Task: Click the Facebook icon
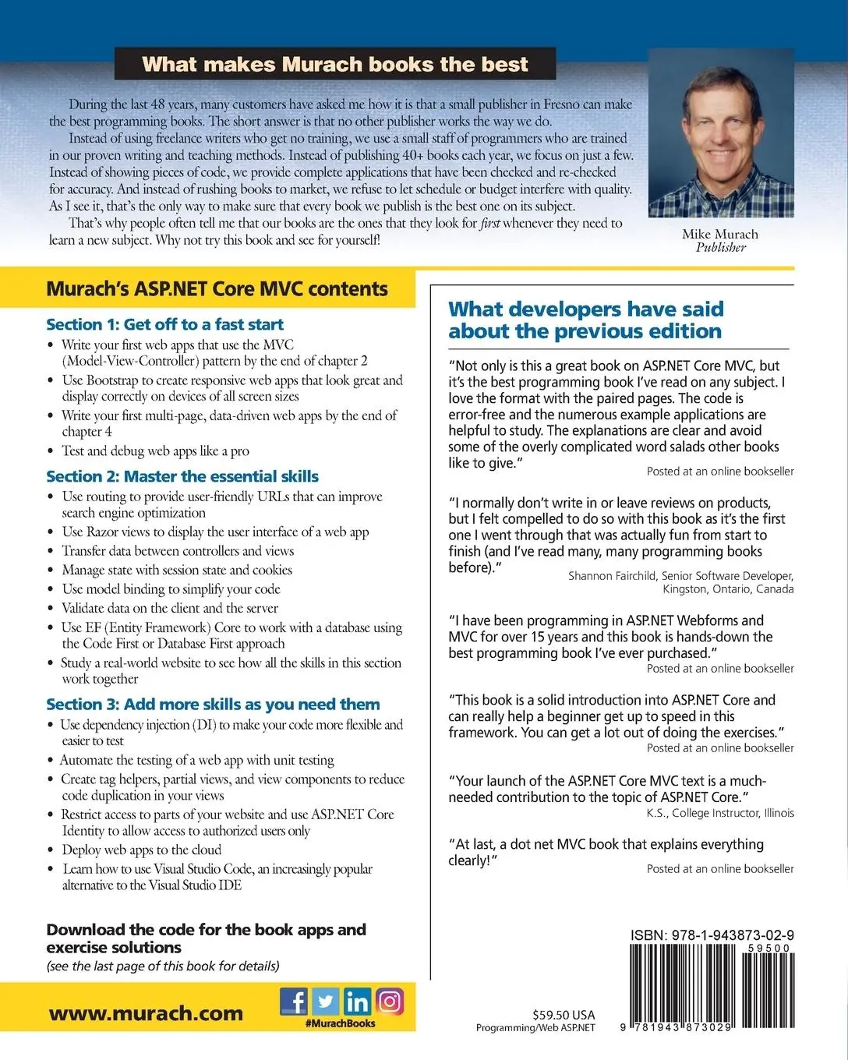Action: click(294, 1001)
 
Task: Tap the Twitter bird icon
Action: click(326, 1001)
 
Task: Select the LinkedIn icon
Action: click(358, 1001)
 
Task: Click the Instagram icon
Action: click(390, 1001)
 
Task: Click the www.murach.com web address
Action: click(146, 1013)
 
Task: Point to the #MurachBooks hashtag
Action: click(341, 1023)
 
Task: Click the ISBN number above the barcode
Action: click(712, 935)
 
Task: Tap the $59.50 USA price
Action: click(564, 1015)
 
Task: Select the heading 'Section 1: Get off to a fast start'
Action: click(164, 324)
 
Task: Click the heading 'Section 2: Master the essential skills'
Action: click(182, 476)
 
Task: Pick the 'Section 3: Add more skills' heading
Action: click(213, 705)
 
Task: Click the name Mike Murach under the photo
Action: click(719, 234)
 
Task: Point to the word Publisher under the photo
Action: click(721, 248)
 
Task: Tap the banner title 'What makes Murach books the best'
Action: click(335, 64)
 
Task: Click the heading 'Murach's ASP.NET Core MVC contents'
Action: click(217, 289)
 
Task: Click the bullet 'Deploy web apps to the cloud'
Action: click(142, 850)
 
